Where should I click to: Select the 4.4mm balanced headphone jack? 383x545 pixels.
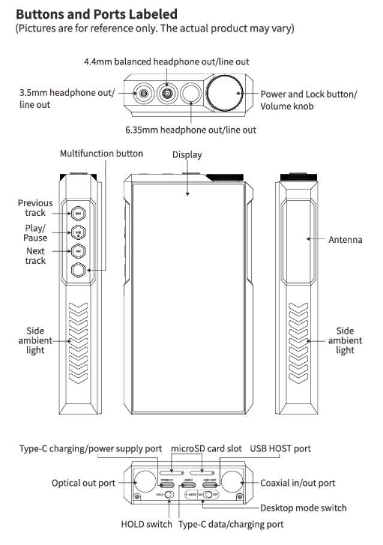pos(167,94)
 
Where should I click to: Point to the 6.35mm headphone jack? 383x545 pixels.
pos(191,93)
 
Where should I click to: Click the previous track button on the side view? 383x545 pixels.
pos(78,212)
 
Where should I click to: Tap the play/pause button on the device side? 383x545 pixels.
pos(78,232)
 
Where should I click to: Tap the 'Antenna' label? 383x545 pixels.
pos(345,239)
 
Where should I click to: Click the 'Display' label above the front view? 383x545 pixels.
pos(187,155)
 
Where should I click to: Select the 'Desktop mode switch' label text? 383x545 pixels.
pos(303,508)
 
